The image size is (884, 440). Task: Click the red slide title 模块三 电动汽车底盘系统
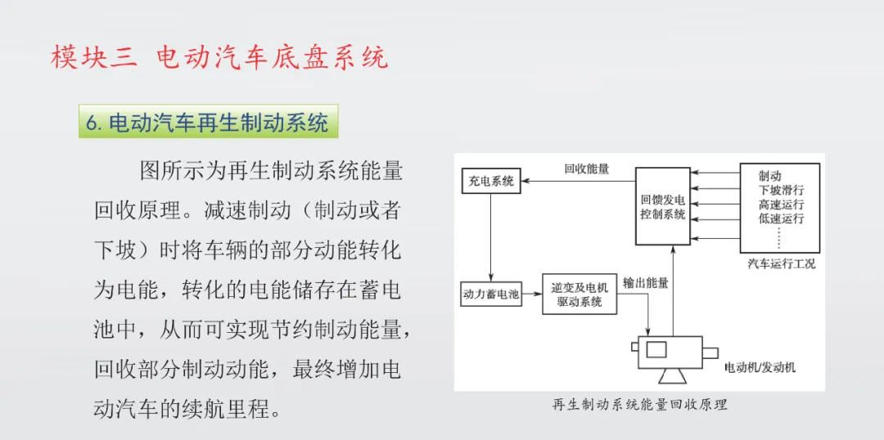click(219, 57)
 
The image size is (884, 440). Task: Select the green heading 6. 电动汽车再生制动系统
click(208, 123)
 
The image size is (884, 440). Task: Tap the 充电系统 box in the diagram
click(491, 181)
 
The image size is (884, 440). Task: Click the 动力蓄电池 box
click(491, 294)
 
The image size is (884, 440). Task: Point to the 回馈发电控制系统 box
click(663, 207)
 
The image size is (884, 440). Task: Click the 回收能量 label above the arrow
click(586, 169)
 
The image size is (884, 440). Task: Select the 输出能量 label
click(645, 283)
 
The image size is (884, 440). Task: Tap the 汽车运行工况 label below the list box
click(781, 263)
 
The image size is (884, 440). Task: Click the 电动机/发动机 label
click(760, 367)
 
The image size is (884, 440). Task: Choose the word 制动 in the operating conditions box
click(769, 175)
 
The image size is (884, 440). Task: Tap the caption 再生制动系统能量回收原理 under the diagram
click(639, 404)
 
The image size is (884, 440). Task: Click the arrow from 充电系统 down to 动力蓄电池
click(491, 237)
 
